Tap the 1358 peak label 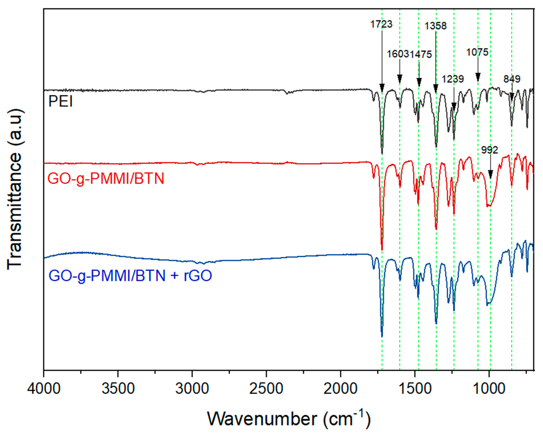436,26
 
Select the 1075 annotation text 477,52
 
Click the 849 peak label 512,79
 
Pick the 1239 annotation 453,79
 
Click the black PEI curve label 60,102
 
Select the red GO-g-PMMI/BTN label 106,179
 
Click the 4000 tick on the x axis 44,389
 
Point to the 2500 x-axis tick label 266,389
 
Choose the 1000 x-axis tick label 489,389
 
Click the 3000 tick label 192,389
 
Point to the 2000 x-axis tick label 341,389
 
